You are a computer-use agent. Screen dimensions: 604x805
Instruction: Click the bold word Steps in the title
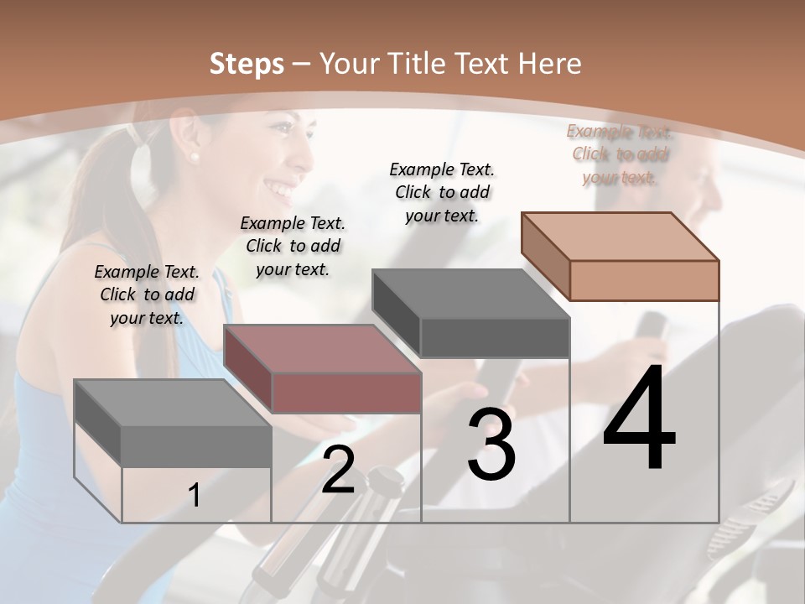pos(247,64)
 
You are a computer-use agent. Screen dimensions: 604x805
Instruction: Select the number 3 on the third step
pos(491,445)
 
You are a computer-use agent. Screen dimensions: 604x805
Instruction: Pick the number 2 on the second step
pos(338,469)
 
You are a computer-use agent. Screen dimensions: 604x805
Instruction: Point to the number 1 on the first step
pos(195,496)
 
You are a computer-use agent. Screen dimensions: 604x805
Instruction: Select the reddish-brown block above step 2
pos(323,368)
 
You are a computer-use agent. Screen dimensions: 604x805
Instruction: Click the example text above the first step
pos(147,294)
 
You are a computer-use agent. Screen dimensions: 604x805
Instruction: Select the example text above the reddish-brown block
pos(293,246)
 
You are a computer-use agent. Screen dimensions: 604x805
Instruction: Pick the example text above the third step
pos(442,192)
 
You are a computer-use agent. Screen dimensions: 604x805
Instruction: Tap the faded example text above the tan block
pos(619,154)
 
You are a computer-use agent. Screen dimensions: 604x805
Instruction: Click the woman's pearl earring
pos(195,156)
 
